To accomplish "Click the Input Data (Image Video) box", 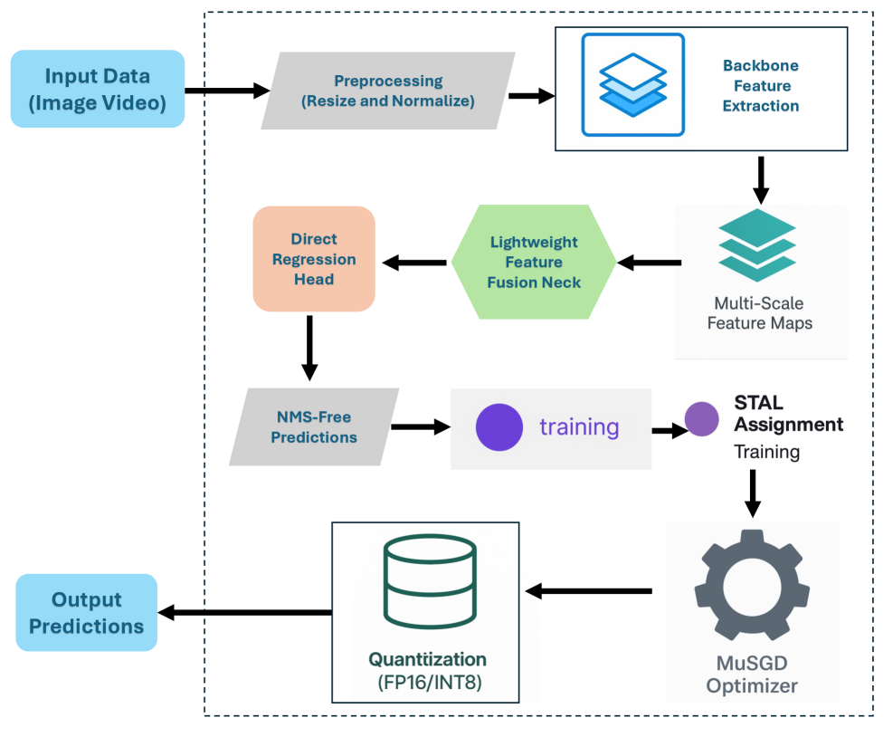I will pyautogui.click(x=98, y=90).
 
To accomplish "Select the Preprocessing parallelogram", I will pyautogui.click(x=387, y=91).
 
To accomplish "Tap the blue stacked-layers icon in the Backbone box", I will pyautogui.click(x=632, y=85).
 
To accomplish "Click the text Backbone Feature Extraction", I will pyautogui.click(x=760, y=86).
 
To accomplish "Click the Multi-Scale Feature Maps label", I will pyautogui.click(x=759, y=313).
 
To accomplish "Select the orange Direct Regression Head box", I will pyautogui.click(x=314, y=259).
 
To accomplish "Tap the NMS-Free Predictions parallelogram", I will pyautogui.click(x=313, y=427).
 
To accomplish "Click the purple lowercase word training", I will pyautogui.click(x=579, y=427).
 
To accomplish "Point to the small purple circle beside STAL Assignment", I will pyautogui.click(x=701, y=420).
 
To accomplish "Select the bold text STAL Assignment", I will pyautogui.click(x=787, y=412).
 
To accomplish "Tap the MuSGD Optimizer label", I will pyautogui.click(x=752, y=674).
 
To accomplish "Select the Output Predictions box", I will pyautogui.click(x=86, y=613).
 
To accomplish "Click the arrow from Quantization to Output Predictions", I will pyautogui.click(x=244, y=613).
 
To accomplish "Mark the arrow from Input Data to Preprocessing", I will pyautogui.click(x=226, y=91).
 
